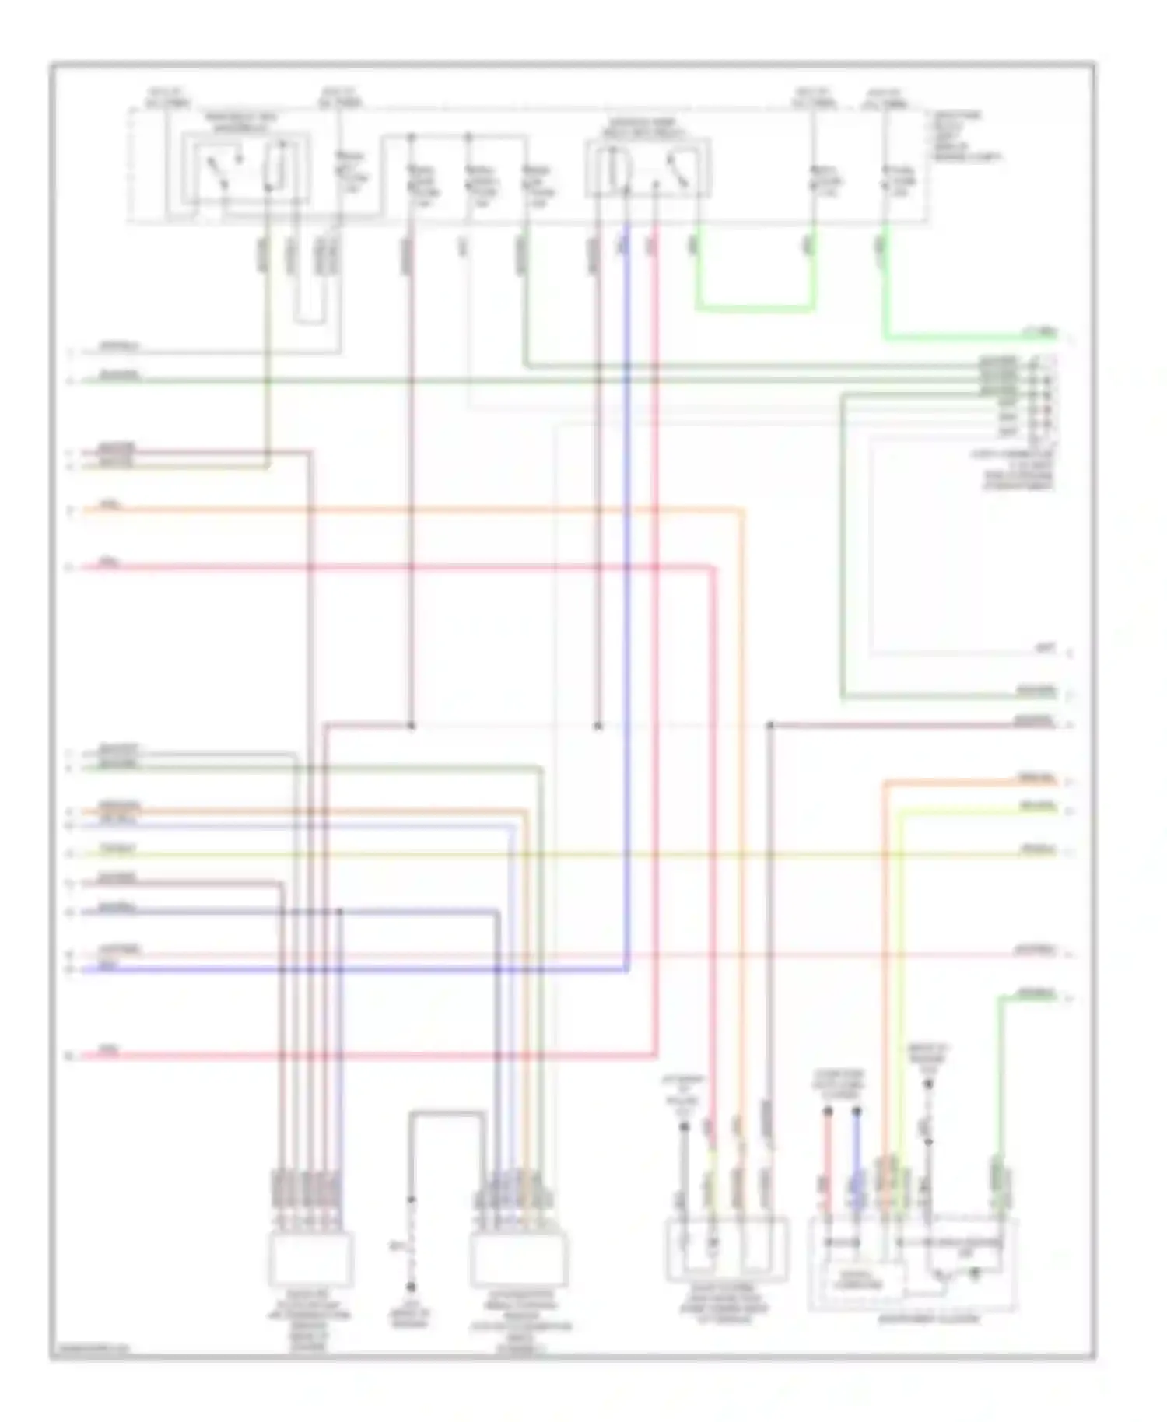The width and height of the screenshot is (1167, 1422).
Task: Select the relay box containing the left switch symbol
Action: click(246, 169)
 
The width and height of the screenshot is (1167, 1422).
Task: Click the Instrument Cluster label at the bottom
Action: click(927, 1319)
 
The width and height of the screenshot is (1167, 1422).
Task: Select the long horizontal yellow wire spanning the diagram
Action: click(545, 855)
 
